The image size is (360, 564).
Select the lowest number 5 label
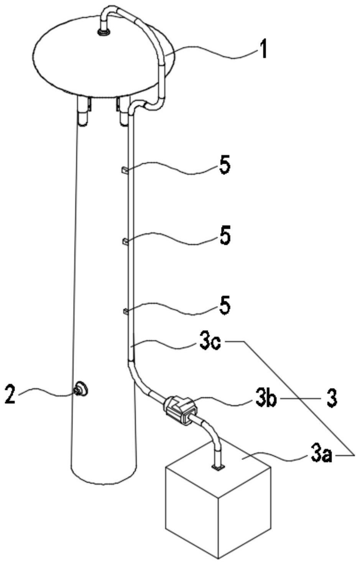[225, 306]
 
